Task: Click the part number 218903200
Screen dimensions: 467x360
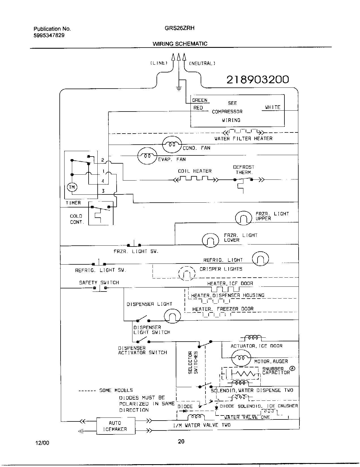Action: click(x=258, y=80)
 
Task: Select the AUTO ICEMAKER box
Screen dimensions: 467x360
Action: click(x=115, y=426)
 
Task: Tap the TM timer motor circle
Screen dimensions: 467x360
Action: click(x=72, y=187)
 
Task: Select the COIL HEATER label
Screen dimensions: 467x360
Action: click(x=195, y=171)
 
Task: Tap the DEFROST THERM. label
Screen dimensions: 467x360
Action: click(x=243, y=170)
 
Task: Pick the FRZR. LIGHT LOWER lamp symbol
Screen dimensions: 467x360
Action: click(x=211, y=240)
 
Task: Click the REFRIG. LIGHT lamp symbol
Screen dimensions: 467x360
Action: click(x=260, y=259)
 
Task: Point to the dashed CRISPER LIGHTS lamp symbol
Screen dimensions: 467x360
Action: click(x=187, y=273)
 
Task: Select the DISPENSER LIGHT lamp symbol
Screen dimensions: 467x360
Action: click(x=172, y=316)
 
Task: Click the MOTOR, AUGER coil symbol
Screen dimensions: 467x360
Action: click(x=241, y=358)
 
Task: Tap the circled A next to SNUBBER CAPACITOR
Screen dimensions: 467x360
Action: click(x=293, y=369)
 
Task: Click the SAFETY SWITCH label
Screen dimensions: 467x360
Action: click(x=99, y=282)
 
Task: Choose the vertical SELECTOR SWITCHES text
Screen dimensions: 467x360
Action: click(x=193, y=363)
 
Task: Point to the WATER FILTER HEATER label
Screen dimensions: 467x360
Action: click(x=243, y=138)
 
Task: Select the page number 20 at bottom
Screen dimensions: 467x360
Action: click(x=181, y=441)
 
